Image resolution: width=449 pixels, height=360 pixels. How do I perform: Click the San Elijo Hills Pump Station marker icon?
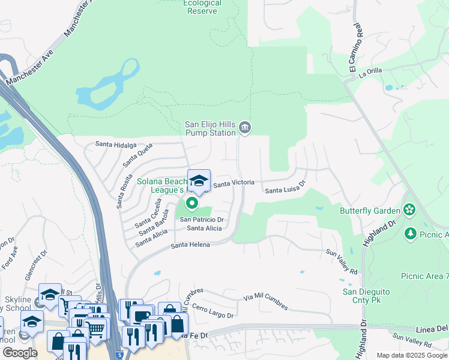click(245, 127)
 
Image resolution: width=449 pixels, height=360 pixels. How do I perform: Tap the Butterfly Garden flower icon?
click(409, 211)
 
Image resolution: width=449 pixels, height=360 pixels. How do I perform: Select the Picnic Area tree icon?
click(411, 233)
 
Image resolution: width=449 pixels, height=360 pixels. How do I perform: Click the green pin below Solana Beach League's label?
click(192, 204)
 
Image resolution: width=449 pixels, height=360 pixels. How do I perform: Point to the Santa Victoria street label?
click(234, 182)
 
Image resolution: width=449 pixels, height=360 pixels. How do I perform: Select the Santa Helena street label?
click(190, 245)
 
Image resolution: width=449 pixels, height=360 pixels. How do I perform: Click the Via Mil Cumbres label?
click(265, 301)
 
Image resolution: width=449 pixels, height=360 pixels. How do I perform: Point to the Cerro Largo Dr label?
click(212, 311)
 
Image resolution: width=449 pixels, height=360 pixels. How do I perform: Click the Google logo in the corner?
click(20, 353)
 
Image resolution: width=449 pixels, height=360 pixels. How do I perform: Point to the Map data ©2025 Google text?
click(412, 355)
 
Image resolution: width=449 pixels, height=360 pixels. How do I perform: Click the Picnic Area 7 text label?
click(424, 275)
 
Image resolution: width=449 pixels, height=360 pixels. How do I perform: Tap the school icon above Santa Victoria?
click(199, 180)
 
